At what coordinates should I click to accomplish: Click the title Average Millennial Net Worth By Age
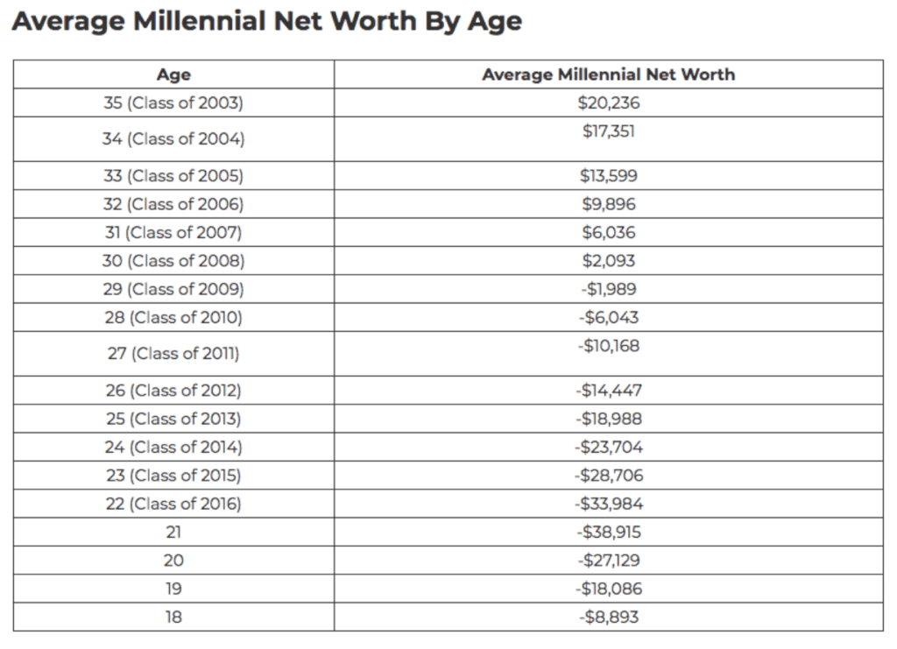coord(266,21)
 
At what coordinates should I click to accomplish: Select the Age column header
coord(173,74)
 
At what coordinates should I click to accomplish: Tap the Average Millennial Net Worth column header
coord(608,74)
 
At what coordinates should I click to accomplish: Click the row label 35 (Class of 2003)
coord(173,102)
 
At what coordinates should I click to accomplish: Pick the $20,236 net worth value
coord(609,102)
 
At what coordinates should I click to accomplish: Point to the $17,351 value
coord(609,131)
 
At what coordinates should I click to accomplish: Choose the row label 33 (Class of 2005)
coord(173,176)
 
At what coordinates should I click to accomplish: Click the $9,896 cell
coord(609,204)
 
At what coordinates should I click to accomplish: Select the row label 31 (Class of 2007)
coord(173,233)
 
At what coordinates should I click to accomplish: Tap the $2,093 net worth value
coord(609,261)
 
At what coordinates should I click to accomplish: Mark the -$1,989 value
coord(609,289)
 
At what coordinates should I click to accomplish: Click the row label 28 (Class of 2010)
coord(173,318)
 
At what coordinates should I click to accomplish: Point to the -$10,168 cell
coord(609,346)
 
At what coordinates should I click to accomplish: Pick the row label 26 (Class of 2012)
coord(173,391)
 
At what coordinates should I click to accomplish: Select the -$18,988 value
coord(609,419)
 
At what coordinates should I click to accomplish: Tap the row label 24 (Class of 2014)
coord(173,448)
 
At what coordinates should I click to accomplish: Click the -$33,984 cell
coord(609,504)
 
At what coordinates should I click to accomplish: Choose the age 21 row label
coord(173,533)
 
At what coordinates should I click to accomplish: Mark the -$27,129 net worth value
coord(609,561)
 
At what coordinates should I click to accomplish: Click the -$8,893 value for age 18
coord(609,617)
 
